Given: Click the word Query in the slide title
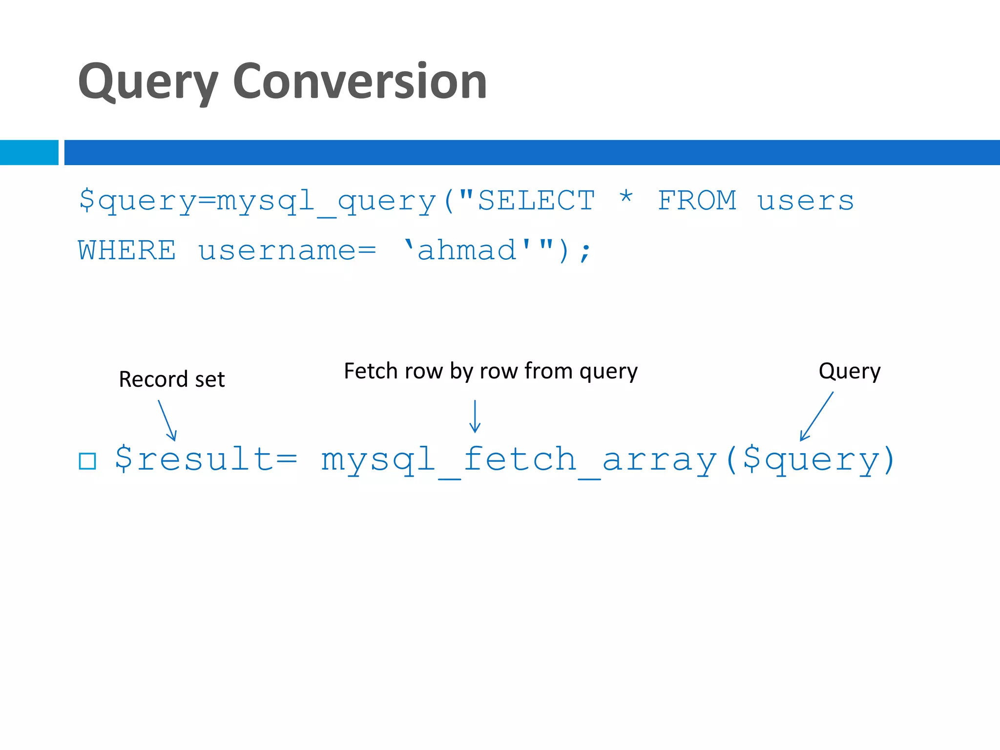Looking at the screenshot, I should tap(147, 82).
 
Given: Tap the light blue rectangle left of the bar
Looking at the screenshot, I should tap(29, 152).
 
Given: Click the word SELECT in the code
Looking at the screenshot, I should tap(536, 201).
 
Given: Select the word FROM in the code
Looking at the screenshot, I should tap(697, 201).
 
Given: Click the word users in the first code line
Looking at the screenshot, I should tap(805, 202).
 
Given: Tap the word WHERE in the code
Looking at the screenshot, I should tap(126, 250).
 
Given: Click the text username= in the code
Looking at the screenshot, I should tap(287, 250).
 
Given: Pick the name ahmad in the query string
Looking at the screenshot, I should tap(467, 250).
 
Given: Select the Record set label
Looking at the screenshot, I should tap(171, 379).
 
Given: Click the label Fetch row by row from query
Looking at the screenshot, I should tap(490, 371).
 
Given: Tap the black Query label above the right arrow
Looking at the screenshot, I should tap(849, 371).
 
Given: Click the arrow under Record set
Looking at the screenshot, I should tap(167, 420).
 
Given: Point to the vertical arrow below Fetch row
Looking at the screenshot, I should tap(475, 417).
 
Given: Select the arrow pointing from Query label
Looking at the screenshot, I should tap(816, 417).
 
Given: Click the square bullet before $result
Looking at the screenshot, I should tap(87, 461).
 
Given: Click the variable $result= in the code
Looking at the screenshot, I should tap(206, 459).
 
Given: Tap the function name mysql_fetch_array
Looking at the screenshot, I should tap(519, 460).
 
